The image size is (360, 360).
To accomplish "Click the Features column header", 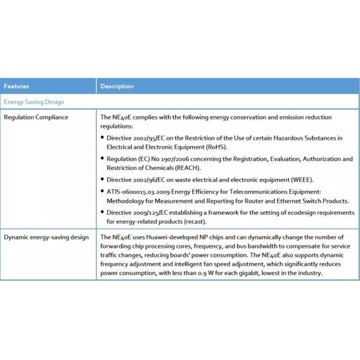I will coord(16,86).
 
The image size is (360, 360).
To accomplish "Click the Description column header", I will coord(117,86).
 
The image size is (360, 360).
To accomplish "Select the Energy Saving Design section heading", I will coord(34,102).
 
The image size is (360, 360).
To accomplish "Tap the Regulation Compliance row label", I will coord(36,117).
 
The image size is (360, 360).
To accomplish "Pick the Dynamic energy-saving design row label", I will coord(46,237).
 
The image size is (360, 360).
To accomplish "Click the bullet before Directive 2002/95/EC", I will coord(103,138).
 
